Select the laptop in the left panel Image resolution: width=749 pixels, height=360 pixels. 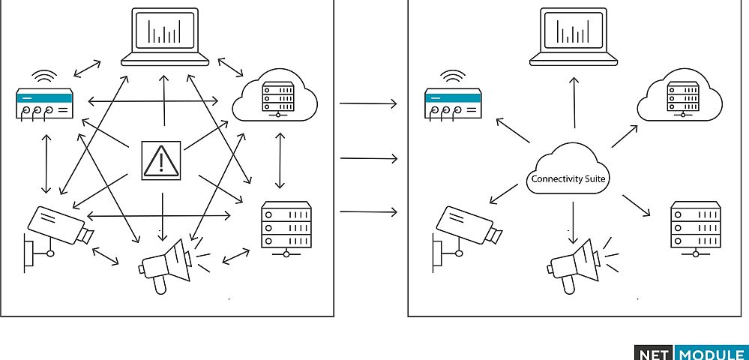[x=164, y=37]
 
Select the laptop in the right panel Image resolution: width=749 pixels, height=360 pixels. [x=574, y=35]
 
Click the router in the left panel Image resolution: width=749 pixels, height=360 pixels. [x=45, y=103]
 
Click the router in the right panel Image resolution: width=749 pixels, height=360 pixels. [x=452, y=103]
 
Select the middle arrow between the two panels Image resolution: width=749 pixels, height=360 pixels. [x=368, y=158]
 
